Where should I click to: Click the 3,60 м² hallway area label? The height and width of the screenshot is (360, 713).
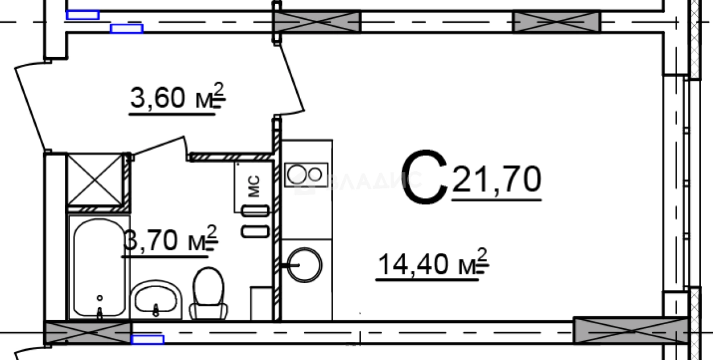pyautogui.click(x=177, y=98)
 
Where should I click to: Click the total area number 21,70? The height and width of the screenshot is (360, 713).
pyautogui.click(x=496, y=180)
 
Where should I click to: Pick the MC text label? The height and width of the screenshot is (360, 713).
pyautogui.click(x=254, y=186)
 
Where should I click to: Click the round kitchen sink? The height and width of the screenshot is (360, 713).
pyautogui.click(x=305, y=263)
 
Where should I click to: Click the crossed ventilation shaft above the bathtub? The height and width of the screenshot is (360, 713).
pyautogui.click(x=94, y=179)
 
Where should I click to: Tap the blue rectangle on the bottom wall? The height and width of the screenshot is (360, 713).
pyautogui.click(x=147, y=340)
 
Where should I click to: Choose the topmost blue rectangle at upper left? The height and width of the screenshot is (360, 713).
pyautogui.click(x=82, y=15)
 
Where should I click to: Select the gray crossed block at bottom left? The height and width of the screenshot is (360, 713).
pyautogui.click(x=88, y=333)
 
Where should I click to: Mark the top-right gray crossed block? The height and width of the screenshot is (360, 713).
pyautogui.click(x=556, y=22)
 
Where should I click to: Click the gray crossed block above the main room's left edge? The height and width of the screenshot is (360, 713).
pyautogui.click(x=317, y=22)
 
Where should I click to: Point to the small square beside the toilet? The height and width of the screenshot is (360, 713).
pyautogui.click(x=262, y=304)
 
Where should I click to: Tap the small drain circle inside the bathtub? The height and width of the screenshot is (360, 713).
pyautogui.click(x=100, y=297)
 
